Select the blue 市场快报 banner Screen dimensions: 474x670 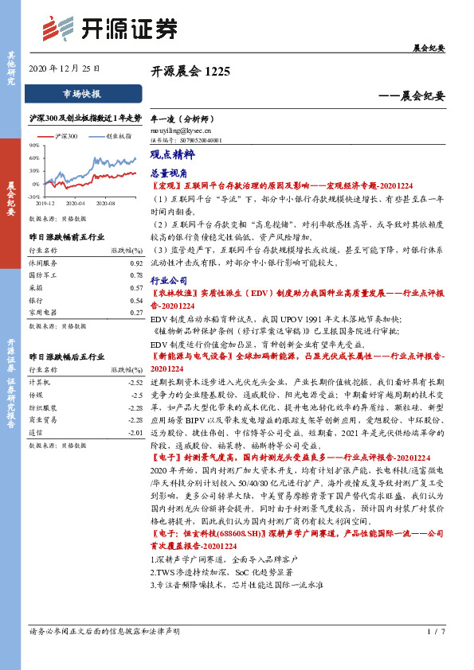[x=82, y=94]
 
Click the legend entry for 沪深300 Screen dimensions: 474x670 [x=66, y=137]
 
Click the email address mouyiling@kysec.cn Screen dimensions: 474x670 [x=181, y=129]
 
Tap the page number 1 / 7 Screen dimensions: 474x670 [x=434, y=654]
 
